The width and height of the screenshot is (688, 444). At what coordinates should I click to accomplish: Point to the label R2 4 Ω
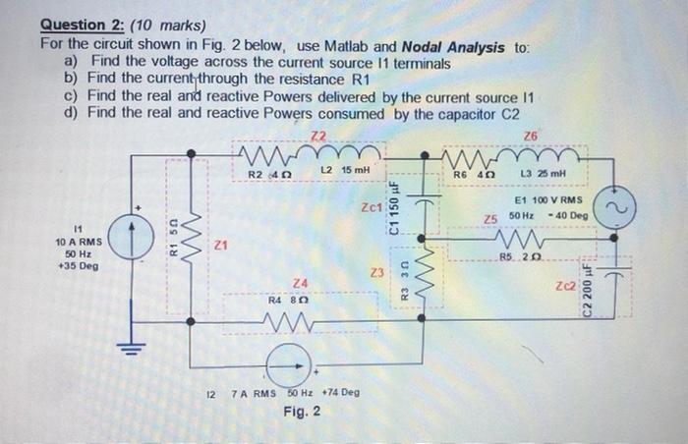click(x=262, y=173)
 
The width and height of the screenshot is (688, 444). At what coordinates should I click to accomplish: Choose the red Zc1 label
click(x=372, y=207)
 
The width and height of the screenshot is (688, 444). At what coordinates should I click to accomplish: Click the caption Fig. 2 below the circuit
click(x=302, y=411)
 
